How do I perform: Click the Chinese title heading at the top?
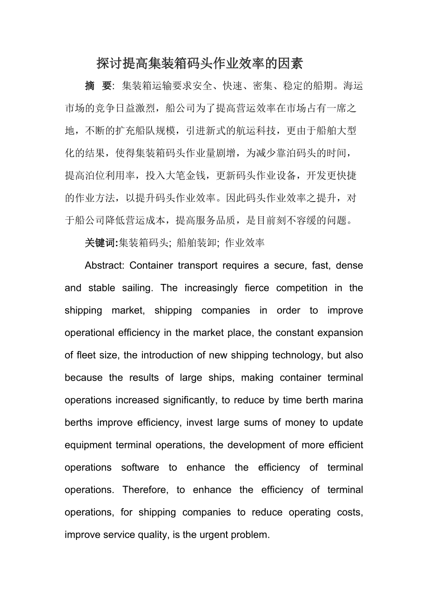click(x=200, y=62)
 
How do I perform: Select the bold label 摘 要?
click(x=98, y=86)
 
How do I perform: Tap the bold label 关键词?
click(x=101, y=242)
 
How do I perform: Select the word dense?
click(x=349, y=265)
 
